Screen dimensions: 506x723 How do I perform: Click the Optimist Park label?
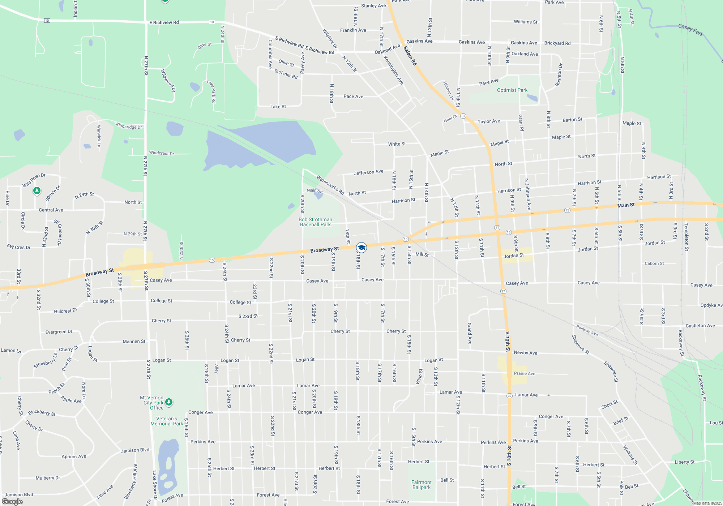coord(512,90)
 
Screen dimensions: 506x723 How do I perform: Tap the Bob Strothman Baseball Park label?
coord(315,222)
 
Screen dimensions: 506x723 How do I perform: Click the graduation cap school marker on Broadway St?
coord(361,248)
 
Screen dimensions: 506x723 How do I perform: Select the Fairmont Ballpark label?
coord(422,485)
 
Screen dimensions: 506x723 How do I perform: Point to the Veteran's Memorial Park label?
coord(167,421)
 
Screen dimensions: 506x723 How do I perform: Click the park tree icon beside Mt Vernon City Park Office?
coord(169,402)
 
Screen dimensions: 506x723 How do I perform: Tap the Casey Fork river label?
coord(690,30)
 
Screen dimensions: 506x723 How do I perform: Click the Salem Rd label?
coord(410,56)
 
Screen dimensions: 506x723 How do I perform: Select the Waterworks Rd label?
coord(330,185)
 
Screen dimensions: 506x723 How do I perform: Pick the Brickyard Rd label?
coord(557,43)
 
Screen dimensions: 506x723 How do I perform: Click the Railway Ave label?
coord(587,330)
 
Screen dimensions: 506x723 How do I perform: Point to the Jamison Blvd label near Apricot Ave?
coord(135,450)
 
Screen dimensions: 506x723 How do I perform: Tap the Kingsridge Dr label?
coord(129,126)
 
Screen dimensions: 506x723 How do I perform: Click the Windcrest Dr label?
coord(161,153)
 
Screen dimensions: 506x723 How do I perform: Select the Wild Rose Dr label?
coord(34,180)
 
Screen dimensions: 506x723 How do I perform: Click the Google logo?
coord(12,502)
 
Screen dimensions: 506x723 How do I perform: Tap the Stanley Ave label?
coord(373,6)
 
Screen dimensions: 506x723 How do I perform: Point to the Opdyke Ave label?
coord(711,305)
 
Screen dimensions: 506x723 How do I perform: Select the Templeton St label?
coord(686,237)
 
